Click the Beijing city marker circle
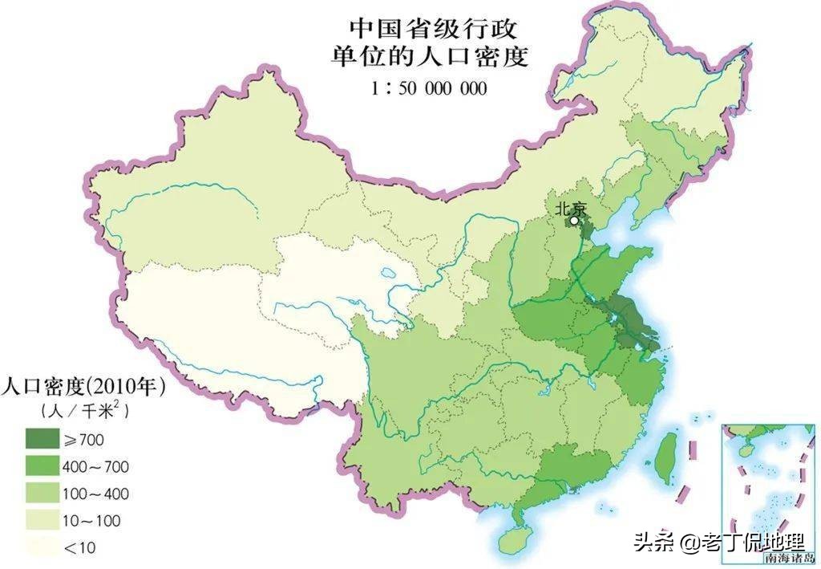pos(574,220)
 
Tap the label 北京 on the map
pos(572,207)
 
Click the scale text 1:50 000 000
pos(429,88)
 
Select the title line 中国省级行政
pos(429,30)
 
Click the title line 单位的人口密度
pos(429,59)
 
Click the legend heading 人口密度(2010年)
pos(83,387)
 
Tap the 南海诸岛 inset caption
pos(788,557)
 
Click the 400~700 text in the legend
pos(95,466)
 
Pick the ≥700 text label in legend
pos(83,439)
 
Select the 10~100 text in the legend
pos(91,521)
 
